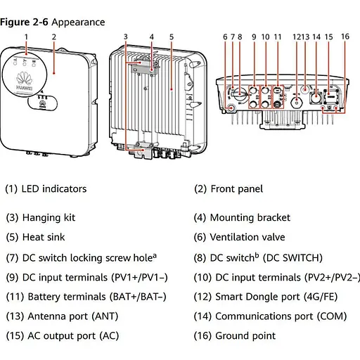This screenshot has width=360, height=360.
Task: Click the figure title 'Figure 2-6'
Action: pos(25,22)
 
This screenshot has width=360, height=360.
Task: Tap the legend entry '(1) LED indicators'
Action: pos(46,188)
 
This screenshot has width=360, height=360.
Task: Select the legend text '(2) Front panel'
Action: pos(229,188)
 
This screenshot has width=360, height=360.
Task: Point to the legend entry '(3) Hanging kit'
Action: pos(40,218)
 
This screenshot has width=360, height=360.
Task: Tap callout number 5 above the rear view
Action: pos(172,36)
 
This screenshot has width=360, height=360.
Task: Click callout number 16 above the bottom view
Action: pos(345,36)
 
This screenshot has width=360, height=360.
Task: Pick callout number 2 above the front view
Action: pos(54,36)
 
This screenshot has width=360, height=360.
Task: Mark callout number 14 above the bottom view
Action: pos(316,36)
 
